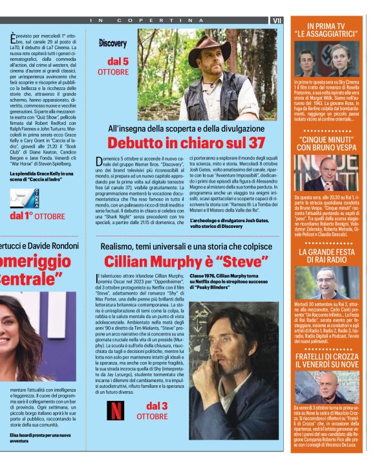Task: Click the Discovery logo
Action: (112, 43)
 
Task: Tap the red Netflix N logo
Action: (116, 411)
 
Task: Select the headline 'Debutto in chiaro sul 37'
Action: (186, 142)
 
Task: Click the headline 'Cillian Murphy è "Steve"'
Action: (186, 262)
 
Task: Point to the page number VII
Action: (277, 21)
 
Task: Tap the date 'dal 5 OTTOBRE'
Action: (113, 66)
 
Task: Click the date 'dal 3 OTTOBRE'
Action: (153, 411)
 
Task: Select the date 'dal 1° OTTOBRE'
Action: (37, 215)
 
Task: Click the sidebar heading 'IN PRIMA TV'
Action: (328, 25)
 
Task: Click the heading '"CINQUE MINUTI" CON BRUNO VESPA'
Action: (328, 143)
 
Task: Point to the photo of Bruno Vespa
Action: (328, 173)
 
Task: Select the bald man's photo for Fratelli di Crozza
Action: (328, 387)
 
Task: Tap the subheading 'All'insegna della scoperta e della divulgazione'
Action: (186, 128)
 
